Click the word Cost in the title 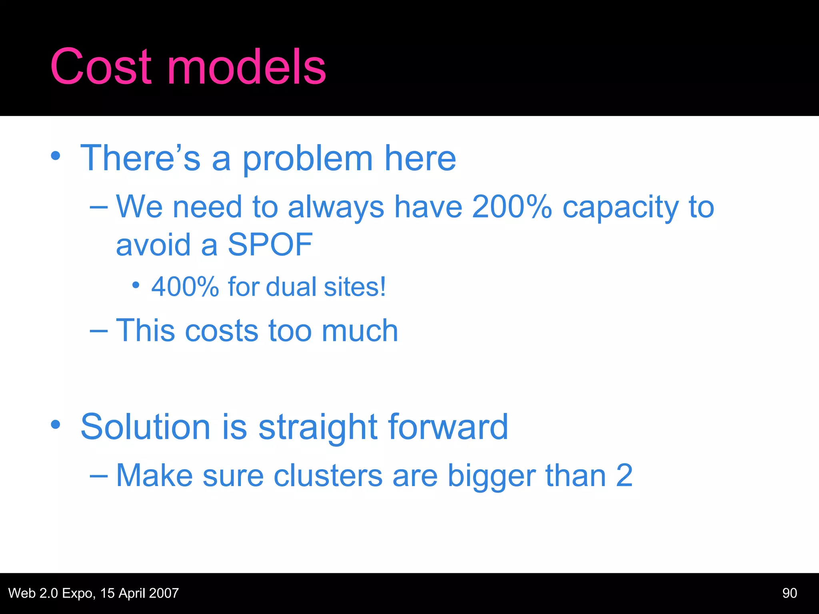101,67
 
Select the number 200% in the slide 511,207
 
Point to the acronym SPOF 270,245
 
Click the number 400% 185,287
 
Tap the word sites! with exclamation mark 355,287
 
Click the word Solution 145,427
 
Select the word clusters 328,476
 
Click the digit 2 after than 624,476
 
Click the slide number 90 789,593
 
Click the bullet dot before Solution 56,425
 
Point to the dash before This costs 99,331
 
